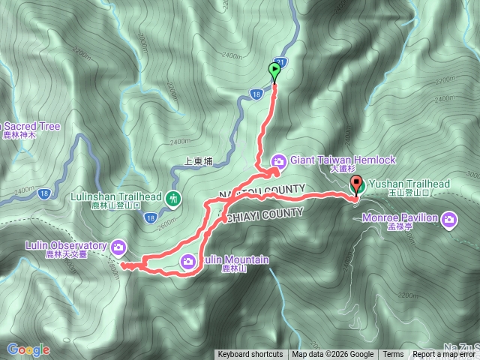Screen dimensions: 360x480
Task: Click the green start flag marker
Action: click(x=274, y=72)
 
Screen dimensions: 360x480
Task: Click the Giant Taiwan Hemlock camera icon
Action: click(x=278, y=160)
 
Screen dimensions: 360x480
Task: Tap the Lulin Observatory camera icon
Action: click(x=118, y=246)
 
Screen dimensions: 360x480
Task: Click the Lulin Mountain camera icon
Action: click(x=189, y=260)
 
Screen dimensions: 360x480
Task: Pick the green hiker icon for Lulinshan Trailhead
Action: click(x=174, y=198)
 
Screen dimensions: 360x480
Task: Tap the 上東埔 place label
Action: click(x=199, y=160)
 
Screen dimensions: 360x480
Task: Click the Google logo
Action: click(x=28, y=349)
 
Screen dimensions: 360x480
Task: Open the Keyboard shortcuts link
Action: click(x=250, y=355)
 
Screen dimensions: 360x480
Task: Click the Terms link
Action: click(x=392, y=355)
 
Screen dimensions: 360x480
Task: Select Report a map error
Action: click(x=444, y=355)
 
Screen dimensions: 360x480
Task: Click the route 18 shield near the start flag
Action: click(x=256, y=94)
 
